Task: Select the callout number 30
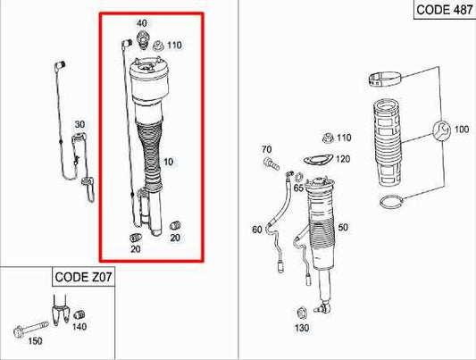(x=79, y=124)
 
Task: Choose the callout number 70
(x=265, y=148)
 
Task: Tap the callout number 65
(x=300, y=189)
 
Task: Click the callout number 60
(x=257, y=230)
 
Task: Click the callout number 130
(x=302, y=327)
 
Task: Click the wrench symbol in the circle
(x=439, y=131)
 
